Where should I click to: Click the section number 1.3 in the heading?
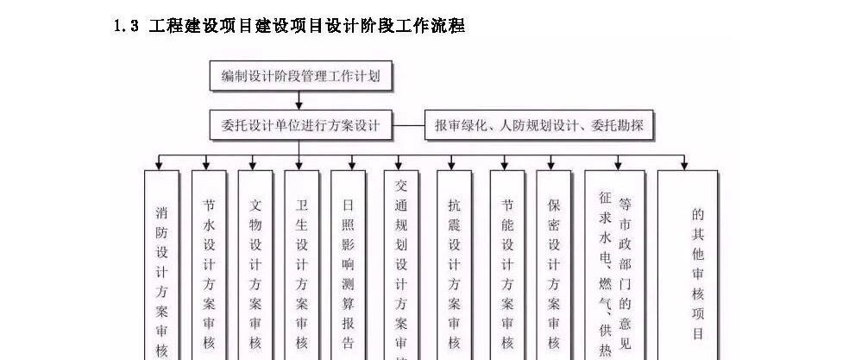(127, 26)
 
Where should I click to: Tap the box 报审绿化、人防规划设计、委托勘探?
(539, 126)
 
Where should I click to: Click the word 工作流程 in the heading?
(431, 26)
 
